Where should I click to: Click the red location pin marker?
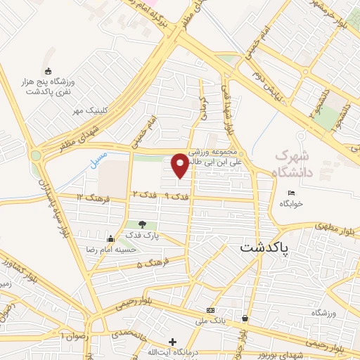pos(180,165)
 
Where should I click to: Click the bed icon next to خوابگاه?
pos(292,193)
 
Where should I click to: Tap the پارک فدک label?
pos(146,236)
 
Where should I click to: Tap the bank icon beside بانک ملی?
pos(210,310)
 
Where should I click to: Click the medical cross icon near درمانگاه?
pos(173,341)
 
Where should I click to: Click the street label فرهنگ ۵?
pos(149,264)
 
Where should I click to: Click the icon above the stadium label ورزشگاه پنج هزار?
pos(49,71)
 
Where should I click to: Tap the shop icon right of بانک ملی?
pos(245,319)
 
